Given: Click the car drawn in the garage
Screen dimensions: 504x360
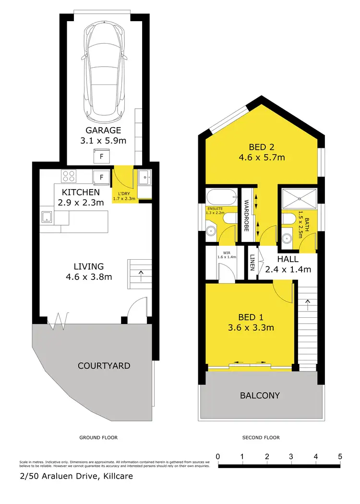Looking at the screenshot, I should (104, 72).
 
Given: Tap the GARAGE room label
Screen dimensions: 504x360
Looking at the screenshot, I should (103, 130).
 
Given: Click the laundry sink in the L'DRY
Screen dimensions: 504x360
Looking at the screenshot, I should (144, 178).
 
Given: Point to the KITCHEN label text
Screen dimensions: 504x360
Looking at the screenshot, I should (80, 192).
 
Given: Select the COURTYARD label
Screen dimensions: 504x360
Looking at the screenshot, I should (104, 366).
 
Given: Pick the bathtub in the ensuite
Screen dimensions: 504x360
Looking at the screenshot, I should (221, 197).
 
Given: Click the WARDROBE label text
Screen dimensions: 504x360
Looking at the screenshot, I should (245, 216).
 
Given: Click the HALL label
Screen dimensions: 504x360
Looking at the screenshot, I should (288, 259).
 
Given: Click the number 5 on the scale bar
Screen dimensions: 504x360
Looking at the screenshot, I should (340, 456).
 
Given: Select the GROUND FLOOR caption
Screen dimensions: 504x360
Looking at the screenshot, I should (98, 438).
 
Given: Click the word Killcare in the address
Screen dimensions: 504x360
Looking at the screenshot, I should (114, 477).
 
